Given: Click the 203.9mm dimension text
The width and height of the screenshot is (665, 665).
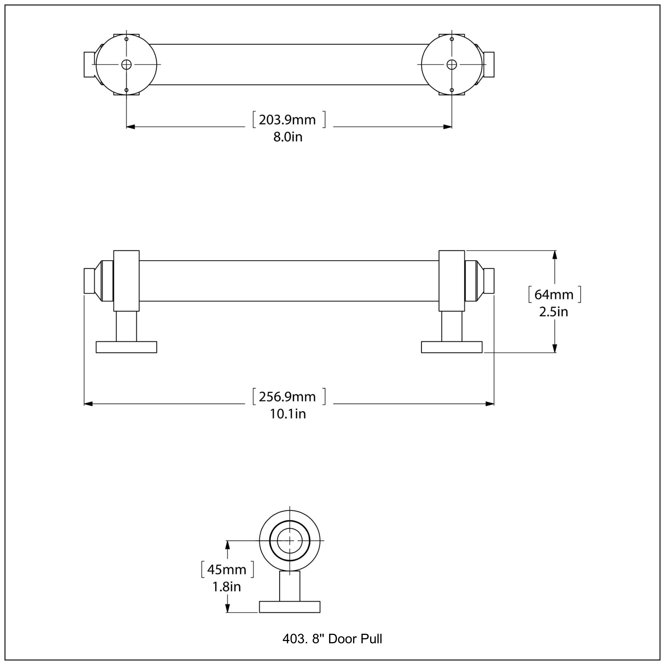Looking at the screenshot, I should [287, 120].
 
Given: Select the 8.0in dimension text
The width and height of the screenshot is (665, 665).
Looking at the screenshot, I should [288, 137].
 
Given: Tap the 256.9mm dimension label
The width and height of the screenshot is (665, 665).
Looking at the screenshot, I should [287, 397].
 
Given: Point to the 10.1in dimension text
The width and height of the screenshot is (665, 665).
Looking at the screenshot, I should [288, 414].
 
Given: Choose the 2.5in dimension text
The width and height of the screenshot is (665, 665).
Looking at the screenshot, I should [554, 312].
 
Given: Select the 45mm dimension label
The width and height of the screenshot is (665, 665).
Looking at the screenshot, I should [227, 570].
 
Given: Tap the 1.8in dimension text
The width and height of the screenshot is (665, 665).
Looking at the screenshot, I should [227, 587].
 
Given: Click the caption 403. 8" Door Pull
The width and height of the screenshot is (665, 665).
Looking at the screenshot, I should [332, 639].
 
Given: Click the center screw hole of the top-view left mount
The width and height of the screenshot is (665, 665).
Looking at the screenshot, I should [126, 64].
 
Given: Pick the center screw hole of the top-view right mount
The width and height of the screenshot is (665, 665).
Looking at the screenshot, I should [452, 64].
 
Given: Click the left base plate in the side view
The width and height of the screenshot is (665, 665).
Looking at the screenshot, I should [126, 347].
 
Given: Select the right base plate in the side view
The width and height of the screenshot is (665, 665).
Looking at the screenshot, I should [452, 347].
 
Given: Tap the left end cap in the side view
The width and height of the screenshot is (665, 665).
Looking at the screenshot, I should [90, 281].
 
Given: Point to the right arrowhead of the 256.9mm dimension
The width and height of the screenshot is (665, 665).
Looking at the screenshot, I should [490, 404].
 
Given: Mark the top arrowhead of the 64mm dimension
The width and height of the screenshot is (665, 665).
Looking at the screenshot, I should [554, 255].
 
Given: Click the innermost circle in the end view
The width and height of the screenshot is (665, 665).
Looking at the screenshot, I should [289, 541].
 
